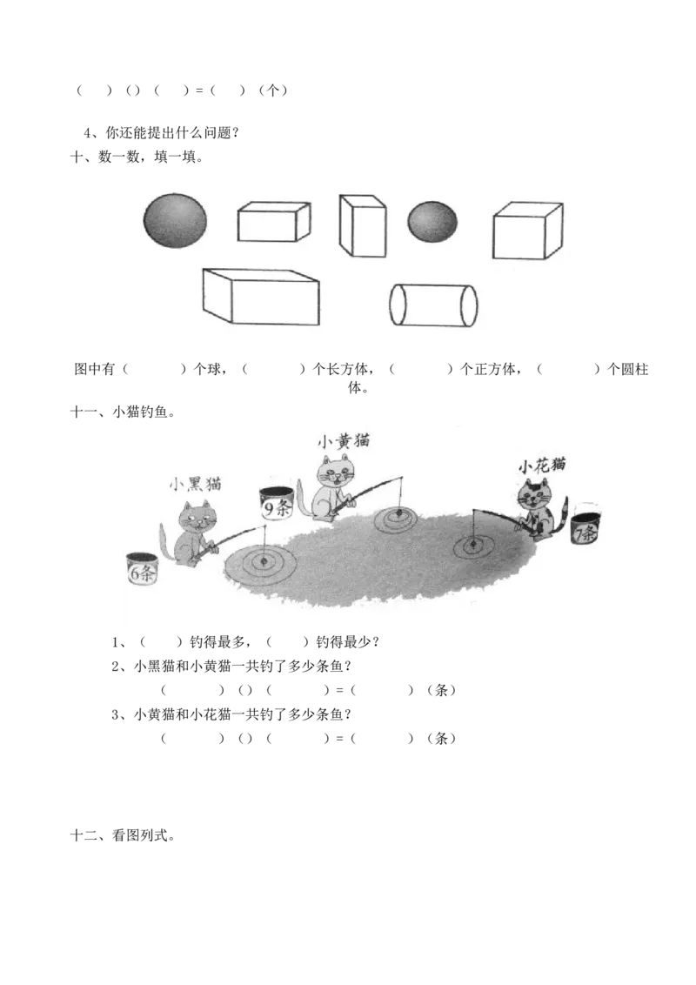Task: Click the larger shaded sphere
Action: click(x=176, y=220)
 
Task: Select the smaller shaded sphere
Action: click(x=432, y=222)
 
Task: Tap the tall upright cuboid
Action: click(x=362, y=226)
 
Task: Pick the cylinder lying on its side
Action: click(x=432, y=305)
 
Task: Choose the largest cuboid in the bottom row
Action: click(x=261, y=297)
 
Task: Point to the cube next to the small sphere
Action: click(x=527, y=231)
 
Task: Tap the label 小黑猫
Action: click(x=195, y=484)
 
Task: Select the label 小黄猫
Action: click(x=343, y=442)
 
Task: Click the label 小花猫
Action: click(x=542, y=465)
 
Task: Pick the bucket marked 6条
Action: click(x=141, y=569)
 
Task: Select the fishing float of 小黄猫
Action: click(x=396, y=515)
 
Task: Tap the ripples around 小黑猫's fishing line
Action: click(x=261, y=563)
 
